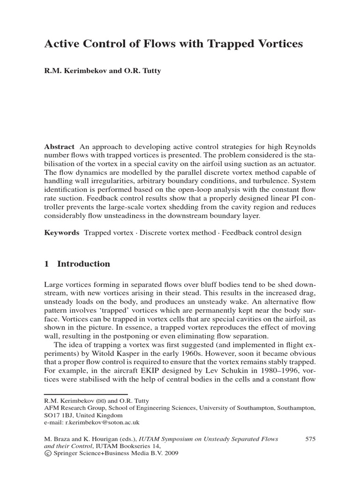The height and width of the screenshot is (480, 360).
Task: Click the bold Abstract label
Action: (x=59, y=146)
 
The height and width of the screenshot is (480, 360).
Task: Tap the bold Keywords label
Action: (x=61, y=233)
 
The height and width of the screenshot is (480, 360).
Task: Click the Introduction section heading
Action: (x=83, y=264)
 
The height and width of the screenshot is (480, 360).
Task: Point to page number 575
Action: (x=310, y=439)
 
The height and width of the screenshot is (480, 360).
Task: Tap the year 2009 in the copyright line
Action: (x=170, y=453)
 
